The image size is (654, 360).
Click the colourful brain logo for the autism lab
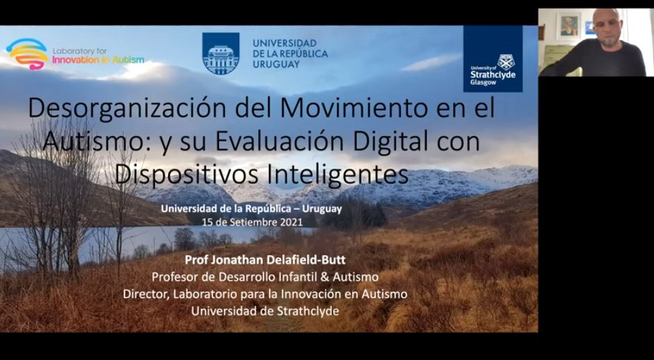[27, 54]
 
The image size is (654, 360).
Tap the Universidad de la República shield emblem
[220, 54]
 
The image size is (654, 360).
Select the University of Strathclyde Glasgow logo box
[493, 58]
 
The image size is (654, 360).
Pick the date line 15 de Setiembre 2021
[252, 222]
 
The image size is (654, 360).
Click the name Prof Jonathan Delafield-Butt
[265, 259]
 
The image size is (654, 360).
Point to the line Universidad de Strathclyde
[265, 311]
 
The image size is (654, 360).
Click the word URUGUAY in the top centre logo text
[276, 64]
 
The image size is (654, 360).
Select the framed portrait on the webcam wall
[568, 26]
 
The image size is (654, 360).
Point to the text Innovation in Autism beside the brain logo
[98, 60]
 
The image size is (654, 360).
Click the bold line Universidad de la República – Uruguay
[252, 209]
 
